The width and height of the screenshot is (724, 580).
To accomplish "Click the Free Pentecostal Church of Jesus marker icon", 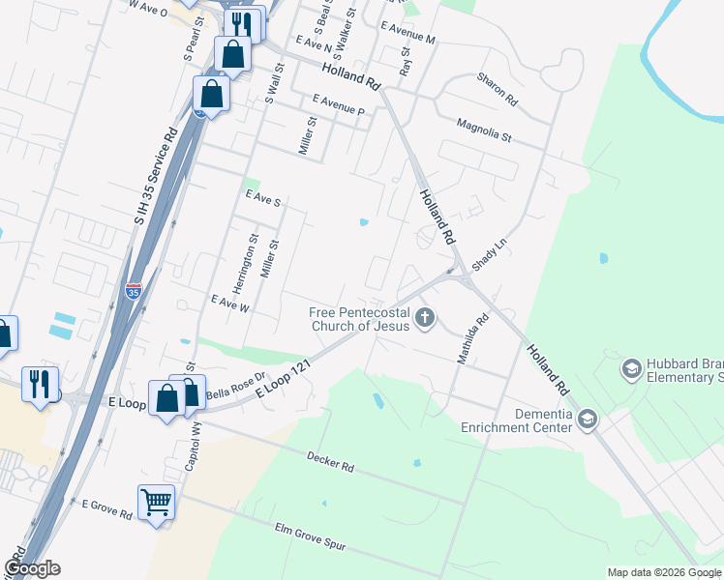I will [x=424, y=317].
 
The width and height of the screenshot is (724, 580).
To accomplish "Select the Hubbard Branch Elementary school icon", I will [x=631, y=368].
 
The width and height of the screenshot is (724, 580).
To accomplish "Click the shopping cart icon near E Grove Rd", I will [x=156, y=502].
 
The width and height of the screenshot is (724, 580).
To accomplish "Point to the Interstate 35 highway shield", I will [x=134, y=289].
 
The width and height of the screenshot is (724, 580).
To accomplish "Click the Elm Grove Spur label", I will [x=310, y=538].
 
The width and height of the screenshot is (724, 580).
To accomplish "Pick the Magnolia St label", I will [x=483, y=130].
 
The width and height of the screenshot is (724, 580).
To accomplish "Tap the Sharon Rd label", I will [x=498, y=89].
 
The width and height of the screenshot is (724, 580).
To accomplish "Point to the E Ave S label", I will [x=262, y=198].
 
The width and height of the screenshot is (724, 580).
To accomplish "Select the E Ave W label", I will [x=230, y=303].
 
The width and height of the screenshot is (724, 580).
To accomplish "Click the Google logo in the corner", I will [x=32, y=568].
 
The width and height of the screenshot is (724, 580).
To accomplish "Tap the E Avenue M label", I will [x=407, y=33].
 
